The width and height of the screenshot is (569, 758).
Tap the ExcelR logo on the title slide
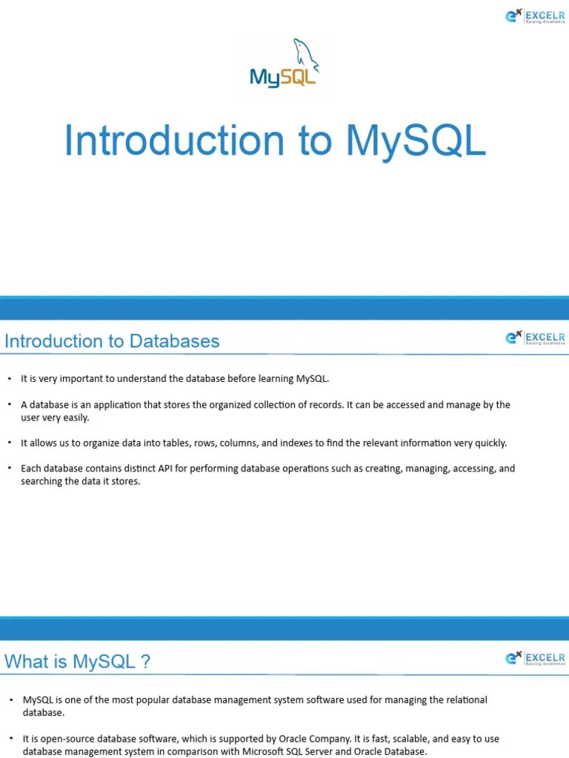click(x=535, y=16)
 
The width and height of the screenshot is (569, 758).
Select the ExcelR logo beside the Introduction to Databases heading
click(x=535, y=338)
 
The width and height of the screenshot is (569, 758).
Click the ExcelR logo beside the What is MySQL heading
click(x=535, y=658)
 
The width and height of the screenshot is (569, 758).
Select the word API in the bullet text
click(x=165, y=469)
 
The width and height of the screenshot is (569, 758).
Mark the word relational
click(x=464, y=700)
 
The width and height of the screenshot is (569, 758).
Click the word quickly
click(x=490, y=443)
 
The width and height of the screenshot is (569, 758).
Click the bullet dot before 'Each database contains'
click(x=10, y=469)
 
